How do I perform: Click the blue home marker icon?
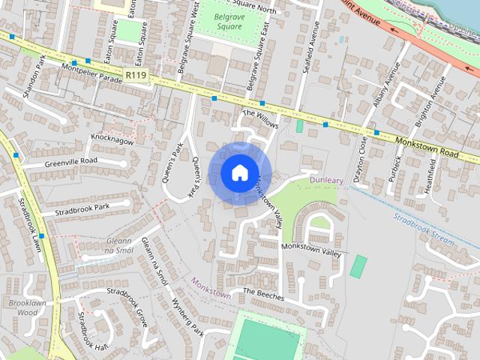239,172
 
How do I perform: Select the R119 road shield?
136,76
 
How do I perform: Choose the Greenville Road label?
71,161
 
